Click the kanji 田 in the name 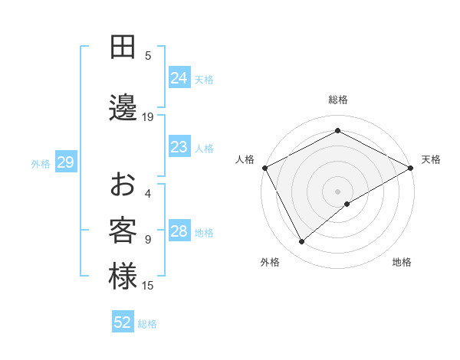(x=123, y=47)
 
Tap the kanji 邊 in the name (x=123, y=109)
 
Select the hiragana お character (x=123, y=185)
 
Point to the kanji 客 (x=123, y=231)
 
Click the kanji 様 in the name (x=123, y=277)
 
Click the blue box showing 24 (x=179, y=77)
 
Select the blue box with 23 (x=179, y=147)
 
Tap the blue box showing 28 (x=179, y=231)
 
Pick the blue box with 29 (x=65, y=162)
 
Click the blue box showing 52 (x=123, y=322)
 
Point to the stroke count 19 (x=148, y=117)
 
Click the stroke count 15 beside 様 (x=148, y=286)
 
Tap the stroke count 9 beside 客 (x=148, y=240)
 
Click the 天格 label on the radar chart (x=431, y=159)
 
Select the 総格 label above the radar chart (x=337, y=100)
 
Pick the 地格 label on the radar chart (x=402, y=262)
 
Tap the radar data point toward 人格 (x=264, y=167)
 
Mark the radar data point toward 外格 (x=302, y=241)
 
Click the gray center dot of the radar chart (x=337, y=191)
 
